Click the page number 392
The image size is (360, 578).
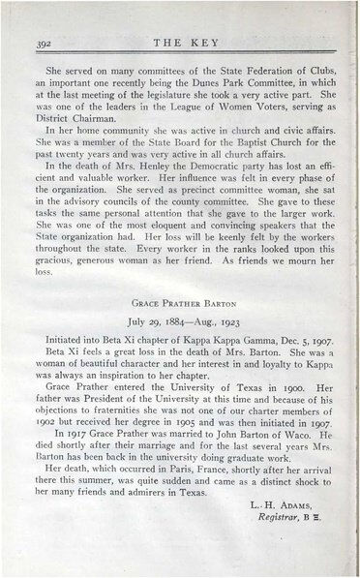pos(43,45)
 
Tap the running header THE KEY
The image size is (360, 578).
pos(179,44)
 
